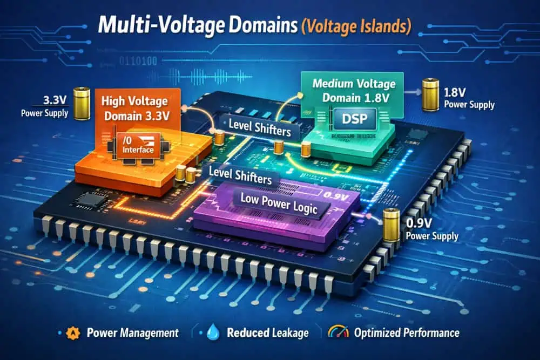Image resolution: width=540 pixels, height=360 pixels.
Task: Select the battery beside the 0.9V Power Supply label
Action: [391, 224]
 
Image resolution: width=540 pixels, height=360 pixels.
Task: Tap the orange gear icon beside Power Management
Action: [70, 332]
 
